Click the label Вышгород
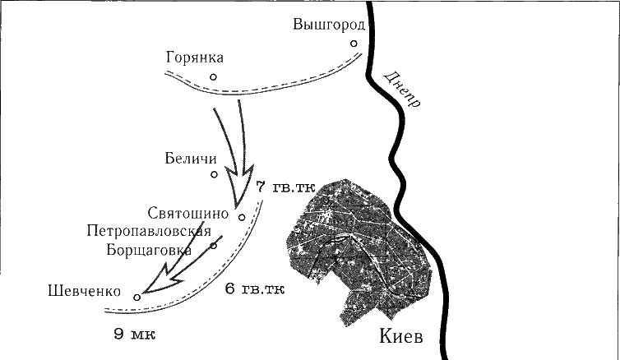[x=328, y=25]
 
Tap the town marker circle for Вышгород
[x=353, y=44]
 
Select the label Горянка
[x=194, y=58]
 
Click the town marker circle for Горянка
[x=213, y=77]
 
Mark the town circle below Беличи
[x=214, y=174]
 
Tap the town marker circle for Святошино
[x=242, y=217]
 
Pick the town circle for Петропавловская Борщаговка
[x=213, y=245]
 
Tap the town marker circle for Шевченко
[x=137, y=298]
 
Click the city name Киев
[x=402, y=337]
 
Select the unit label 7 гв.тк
[x=287, y=189]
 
